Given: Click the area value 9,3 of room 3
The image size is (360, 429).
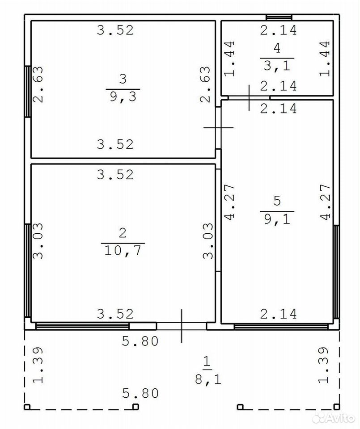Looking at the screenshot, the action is point(123,97).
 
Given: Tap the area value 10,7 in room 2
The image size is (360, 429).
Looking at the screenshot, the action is point(123,250).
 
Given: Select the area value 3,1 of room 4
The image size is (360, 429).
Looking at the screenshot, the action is point(277,66).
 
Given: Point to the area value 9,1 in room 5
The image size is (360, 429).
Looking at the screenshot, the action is point(277,219).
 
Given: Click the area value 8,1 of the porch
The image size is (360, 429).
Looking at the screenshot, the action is point(208,379).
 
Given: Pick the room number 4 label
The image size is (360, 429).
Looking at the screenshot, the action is point(277,48).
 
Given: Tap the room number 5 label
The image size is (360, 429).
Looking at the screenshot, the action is point(277,201).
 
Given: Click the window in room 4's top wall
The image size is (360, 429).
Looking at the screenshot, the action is point(279,17).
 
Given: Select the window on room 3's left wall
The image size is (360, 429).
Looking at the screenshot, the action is point(28,91).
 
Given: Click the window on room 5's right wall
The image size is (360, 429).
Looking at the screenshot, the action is point(336,272).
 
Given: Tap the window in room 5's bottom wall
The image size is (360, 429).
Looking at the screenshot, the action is point(281,326).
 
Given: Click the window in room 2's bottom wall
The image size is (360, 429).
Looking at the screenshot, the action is point(82,326).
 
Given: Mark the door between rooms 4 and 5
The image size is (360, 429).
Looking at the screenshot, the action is point(249,98).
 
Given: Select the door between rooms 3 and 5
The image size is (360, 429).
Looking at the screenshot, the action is point(218,128).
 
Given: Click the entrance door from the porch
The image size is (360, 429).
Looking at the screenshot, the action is point(181,326).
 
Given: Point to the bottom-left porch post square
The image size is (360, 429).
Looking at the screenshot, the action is point(27,407).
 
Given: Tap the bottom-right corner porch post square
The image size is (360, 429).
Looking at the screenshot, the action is point(336,407).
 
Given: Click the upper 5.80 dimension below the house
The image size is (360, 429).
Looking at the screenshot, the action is point(140,341).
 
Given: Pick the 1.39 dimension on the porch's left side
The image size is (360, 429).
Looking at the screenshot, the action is point(38,365).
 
